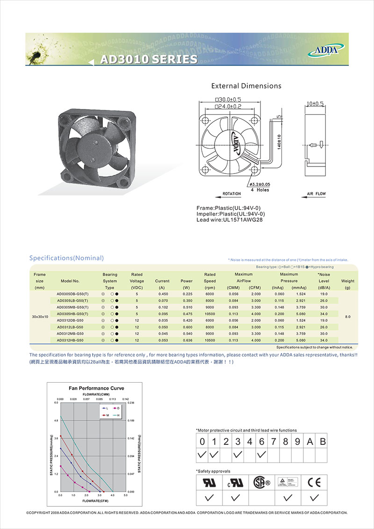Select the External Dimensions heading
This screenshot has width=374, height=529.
tap(246, 86)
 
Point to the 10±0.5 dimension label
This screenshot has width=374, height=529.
tap(316, 103)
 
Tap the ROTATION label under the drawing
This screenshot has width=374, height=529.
tap(231, 194)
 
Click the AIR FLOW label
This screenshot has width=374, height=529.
tap(316, 194)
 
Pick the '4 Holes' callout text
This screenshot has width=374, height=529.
tap(259, 190)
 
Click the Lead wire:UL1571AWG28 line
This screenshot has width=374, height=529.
tap(226, 220)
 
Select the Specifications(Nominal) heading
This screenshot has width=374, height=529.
tap(66, 258)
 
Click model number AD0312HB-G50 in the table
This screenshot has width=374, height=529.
tap(70, 340)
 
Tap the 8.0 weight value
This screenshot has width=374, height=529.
tap(347, 317)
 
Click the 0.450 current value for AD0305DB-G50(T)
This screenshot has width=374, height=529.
tap(162, 294)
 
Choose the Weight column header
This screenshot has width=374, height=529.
tap(348, 281)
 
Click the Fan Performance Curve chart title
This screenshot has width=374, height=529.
tap(96, 388)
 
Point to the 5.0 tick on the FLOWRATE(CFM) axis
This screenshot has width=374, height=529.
tap(126, 495)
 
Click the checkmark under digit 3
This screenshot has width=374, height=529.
tap(238, 454)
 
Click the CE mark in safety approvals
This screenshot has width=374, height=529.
tap(315, 482)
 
